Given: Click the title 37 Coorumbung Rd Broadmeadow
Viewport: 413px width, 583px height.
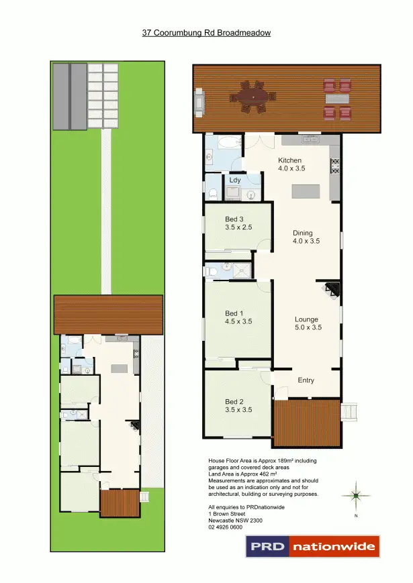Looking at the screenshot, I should click(x=206, y=32).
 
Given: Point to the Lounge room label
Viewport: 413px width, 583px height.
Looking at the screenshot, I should click(x=306, y=319).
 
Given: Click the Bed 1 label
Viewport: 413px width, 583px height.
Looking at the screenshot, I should click(x=232, y=313).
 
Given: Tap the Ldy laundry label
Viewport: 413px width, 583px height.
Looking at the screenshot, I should click(x=235, y=180).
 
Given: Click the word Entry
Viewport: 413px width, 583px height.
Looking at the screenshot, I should click(x=306, y=380).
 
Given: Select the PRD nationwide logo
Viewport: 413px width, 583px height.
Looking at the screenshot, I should click(x=313, y=546).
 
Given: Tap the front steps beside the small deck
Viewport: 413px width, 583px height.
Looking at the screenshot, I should click(x=349, y=411).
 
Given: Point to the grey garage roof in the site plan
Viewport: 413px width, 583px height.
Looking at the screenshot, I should click(x=70, y=95).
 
